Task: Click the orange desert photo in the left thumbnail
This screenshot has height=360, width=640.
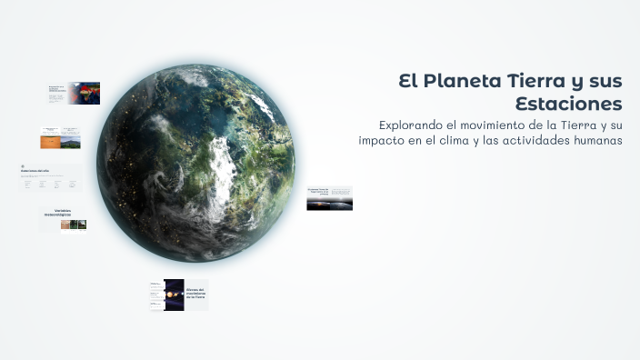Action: click(49, 142)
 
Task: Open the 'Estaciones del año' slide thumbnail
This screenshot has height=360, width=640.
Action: click(50, 177)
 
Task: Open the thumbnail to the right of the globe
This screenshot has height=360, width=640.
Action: click(329, 198)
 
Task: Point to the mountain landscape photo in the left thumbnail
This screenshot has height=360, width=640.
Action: click(71, 142)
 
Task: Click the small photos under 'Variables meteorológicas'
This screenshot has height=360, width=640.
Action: click(74, 225)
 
